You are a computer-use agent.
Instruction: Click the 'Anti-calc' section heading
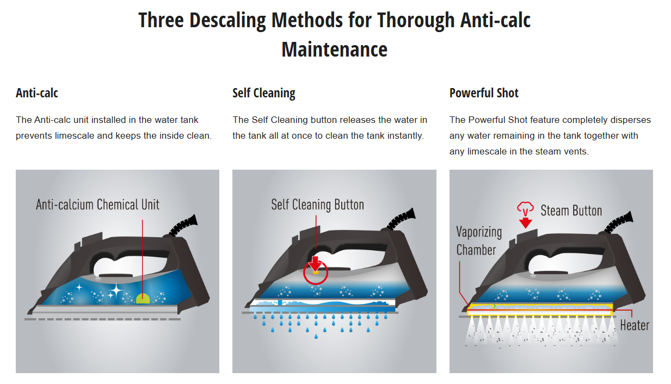click(37, 93)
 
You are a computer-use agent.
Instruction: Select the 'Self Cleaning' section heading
click(263, 94)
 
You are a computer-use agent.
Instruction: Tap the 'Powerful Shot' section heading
click(484, 93)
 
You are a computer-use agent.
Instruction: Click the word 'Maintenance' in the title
click(334, 49)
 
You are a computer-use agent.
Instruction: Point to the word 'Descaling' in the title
click(227, 20)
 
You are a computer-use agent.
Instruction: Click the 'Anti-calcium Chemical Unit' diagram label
click(97, 205)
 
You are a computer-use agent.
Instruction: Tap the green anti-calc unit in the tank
click(143, 299)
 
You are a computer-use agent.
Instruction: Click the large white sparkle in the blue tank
click(115, 290)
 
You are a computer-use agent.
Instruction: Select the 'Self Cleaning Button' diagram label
click(317, 205)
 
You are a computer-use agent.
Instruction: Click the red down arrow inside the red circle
click(316, 264)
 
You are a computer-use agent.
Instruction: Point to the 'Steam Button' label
click(571, 210)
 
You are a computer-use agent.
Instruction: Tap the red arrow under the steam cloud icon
click(525, 223)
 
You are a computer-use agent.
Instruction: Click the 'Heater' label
click(635, 325)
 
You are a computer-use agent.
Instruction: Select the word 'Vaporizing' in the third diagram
click(479, 232)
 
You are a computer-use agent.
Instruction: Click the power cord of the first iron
click(184, 225)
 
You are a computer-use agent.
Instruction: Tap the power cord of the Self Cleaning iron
click(402, 219)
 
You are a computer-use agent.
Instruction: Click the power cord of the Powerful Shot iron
click(619, 222)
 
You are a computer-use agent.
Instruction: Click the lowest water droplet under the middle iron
click(316, 337)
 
